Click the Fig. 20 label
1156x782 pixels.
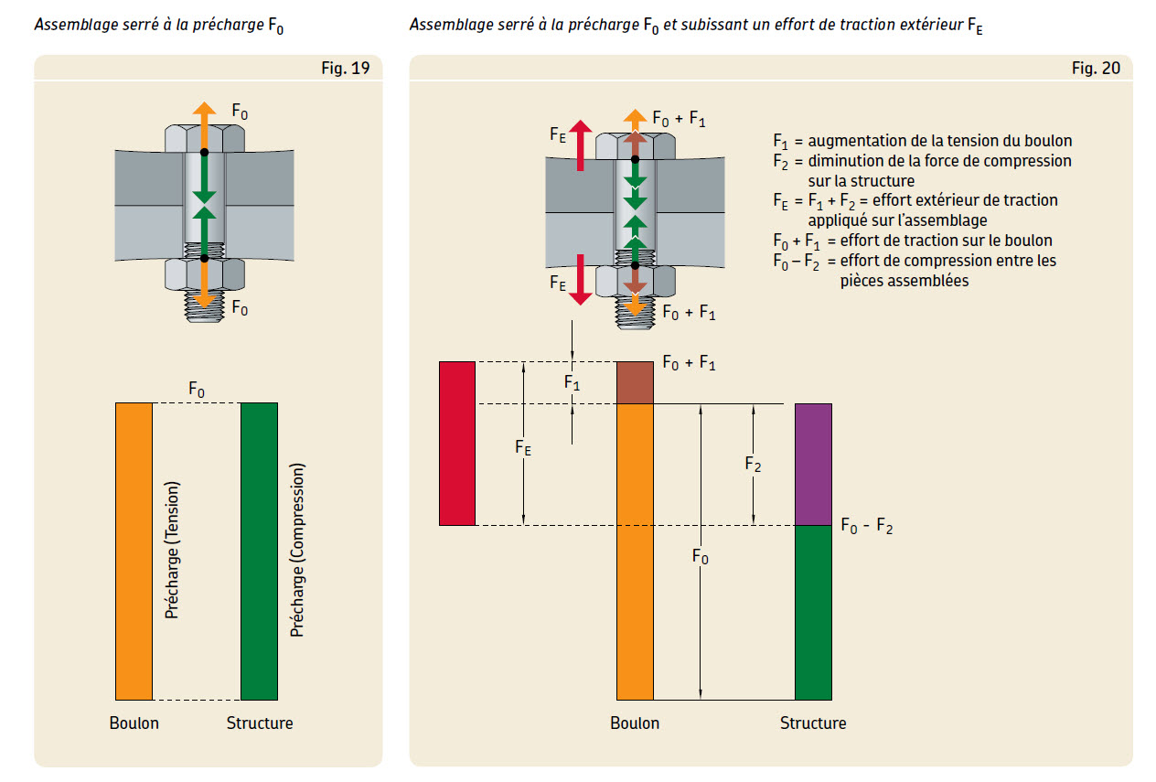click(1096, 69)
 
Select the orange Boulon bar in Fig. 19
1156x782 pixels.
click(134, 551)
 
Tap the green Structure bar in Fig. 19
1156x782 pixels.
click(259, 551)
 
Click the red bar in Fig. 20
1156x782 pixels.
click(457, 443)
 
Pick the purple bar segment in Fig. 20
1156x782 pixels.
click(813, 464)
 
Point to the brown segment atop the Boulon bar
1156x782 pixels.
click(635, 382)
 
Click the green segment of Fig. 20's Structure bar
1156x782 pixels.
click(813, 612)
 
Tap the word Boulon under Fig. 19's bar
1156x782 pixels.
click(134, 723)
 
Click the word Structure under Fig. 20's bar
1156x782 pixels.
click(813, 723)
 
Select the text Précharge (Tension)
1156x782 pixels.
click(172, 551)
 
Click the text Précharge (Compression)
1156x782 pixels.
click(296, 551)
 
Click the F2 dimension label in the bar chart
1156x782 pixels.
click(754, 465)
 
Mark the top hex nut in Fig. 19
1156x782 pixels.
click(204, 138)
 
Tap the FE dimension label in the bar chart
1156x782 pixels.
click(523, 447)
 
